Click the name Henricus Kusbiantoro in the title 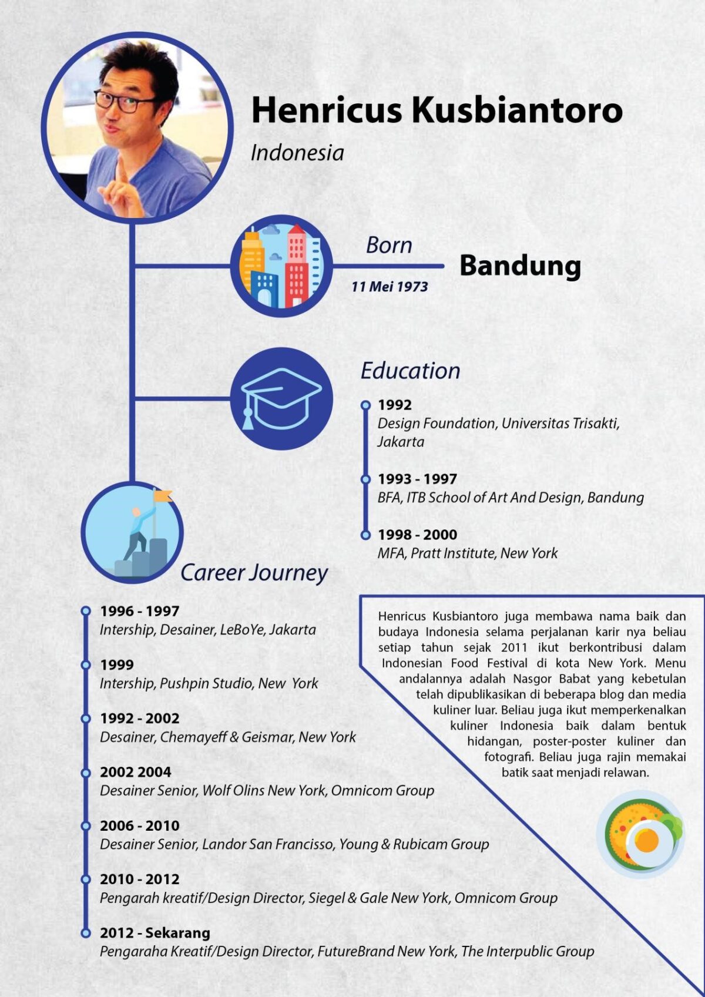click(437, 110)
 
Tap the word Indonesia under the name click(297, 153)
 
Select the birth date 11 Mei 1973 click(390, 287)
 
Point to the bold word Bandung click(520, 266)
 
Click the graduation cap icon click(281, 398)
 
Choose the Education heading click(410, 371)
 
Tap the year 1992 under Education click(394, 405)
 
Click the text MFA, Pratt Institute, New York click(468, 553)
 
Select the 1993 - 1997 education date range click(417, 479)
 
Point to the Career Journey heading click(254, 572)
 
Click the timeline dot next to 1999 click(86, 664)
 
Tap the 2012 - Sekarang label click(155, 932)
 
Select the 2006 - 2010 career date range click(139, 825)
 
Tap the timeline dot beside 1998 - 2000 click(365, 535)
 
